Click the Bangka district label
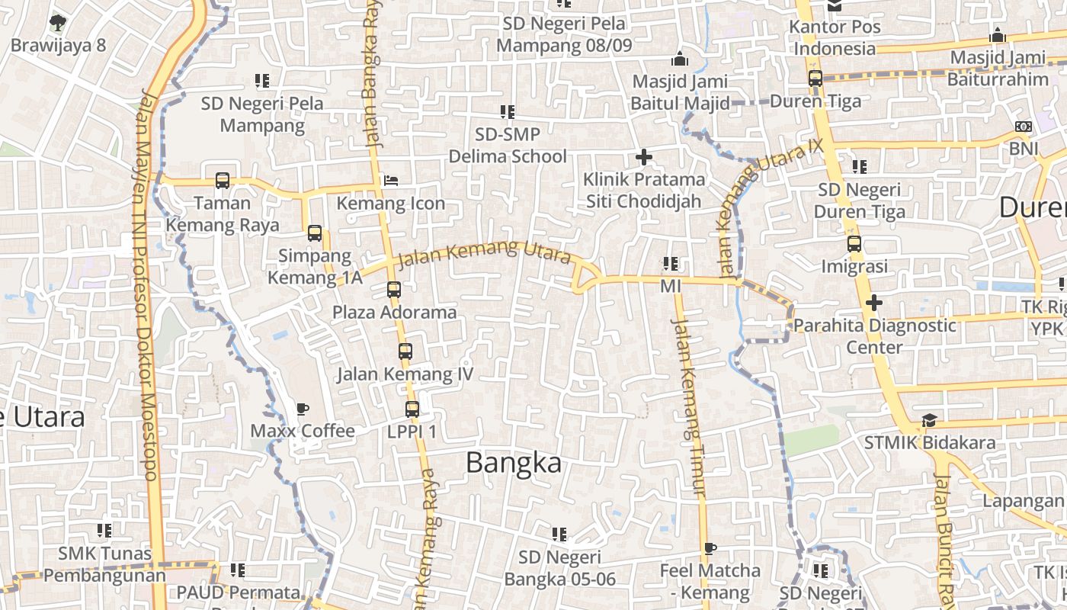pyautogui.click(x=514, y=463)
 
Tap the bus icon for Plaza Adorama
pyautogui.click(x=394, y=290)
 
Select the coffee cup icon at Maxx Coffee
pyautogui.click(x=303, y=409)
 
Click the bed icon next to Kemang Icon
pyautogui.click(x=391, y=181)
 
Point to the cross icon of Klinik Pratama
pyautogui.click(x=644, y=158)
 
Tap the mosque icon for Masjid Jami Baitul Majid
pyautogui.click(x=680, y=59)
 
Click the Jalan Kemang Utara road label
pyautogui.click(x=484, y=253)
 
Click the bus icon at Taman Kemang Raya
pyautogui.click(x=223, y=181)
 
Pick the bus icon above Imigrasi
pyautogui.click(x=854, y=244)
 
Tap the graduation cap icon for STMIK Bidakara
pyautogui.click(x=929, y=420)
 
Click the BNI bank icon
pyautogui.click(x=1024, y=127)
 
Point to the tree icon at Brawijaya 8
pyautogui.click(x=58, y=23)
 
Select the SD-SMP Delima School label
pyautogui.click(x=508, y=146)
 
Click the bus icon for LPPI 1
pyautogui.click(x=412, y=409)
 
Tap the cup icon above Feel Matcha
pyautogui.click(x=710, y=548)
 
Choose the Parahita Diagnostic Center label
pyautogui.click(x=874, y=336)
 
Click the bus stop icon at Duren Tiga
pyautogui.click(x=815, y=79)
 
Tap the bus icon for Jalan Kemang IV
pyautogui.click(x=405, y=352)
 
